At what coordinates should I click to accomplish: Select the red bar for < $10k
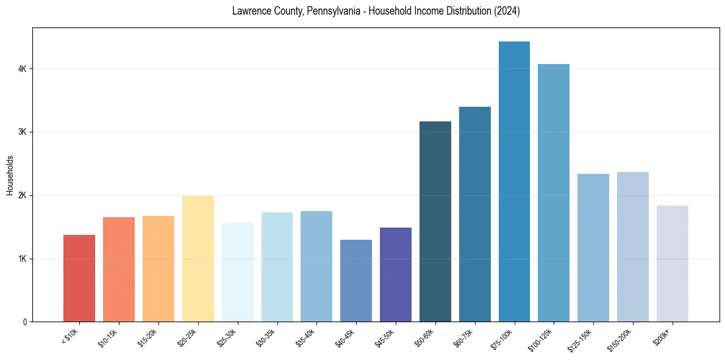(79, 278)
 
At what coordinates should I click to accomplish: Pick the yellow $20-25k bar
(198, 259)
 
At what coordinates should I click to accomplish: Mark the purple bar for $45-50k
(396, 275)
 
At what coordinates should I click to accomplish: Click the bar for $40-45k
(356, 281)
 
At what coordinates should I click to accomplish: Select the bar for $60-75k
(475, 214)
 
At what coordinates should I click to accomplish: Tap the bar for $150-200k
(633, 247)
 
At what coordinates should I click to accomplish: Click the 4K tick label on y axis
(23, 69)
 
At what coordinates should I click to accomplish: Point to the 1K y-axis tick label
(23, 259)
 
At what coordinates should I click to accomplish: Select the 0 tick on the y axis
(24, 322)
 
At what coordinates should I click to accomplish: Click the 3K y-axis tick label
(23, 132)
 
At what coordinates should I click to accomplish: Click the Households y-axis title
(10, 175)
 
